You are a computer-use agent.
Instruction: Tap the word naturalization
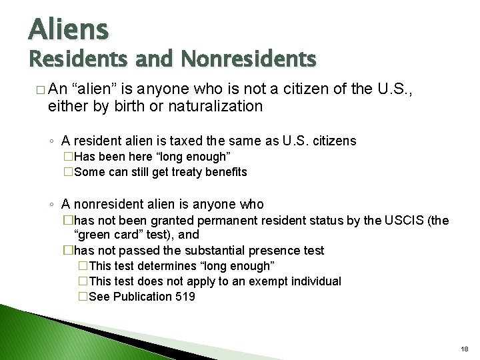point(216,106)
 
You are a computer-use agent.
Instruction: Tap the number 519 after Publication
point(183,297)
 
